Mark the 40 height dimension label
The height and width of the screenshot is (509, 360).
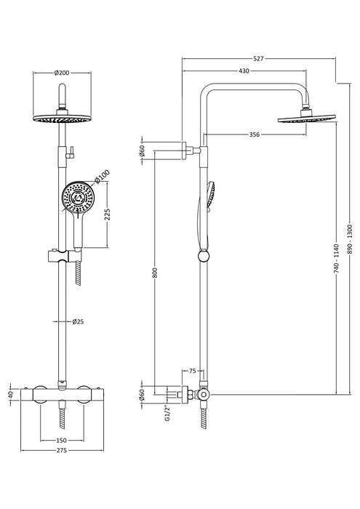point(9,395)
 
